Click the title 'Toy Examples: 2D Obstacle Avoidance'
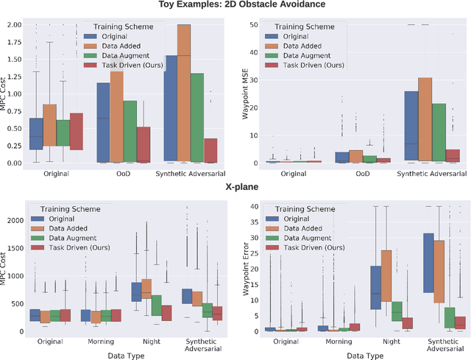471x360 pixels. point(235,5)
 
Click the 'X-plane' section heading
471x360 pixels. point(235,188)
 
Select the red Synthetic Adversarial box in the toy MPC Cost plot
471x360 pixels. point(210,150)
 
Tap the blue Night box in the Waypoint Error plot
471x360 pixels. point(375,288)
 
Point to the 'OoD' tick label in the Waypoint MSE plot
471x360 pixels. point(363,173)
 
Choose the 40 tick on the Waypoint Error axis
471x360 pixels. point(255,206)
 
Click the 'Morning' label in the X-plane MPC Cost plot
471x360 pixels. point(96,342)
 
